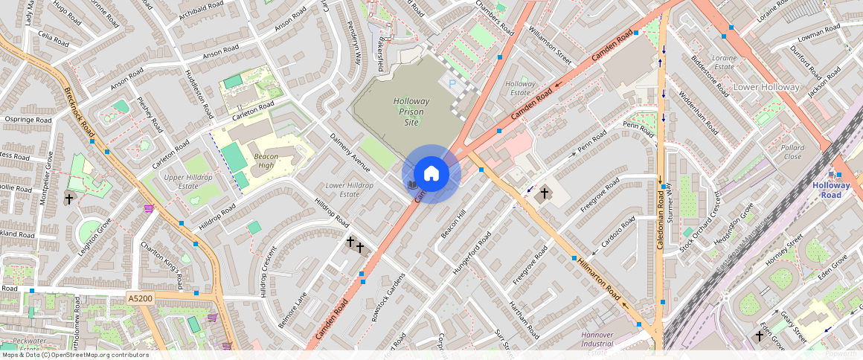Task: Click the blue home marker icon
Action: tap(431, 174)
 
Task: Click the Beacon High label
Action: tap(266, 161)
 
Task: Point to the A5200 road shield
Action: tap(140, 298)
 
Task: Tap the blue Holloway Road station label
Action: tap(831, 190)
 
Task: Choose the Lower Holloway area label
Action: tap(766, 87)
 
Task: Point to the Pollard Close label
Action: tap(792, 152)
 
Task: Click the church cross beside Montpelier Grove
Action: tap(69, 199)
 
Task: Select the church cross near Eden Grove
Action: tap(760, 336)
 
